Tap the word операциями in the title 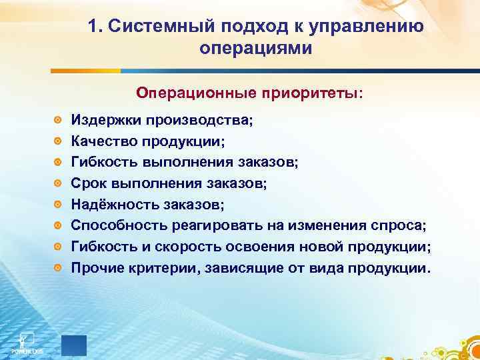255,48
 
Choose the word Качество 103,141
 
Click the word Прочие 95,268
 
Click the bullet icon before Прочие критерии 59,269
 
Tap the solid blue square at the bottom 73,343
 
